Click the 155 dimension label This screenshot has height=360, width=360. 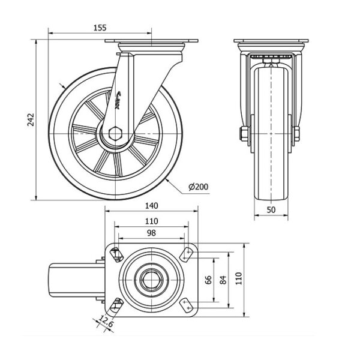coord(100,27)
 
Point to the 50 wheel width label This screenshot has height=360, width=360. coord(271,210)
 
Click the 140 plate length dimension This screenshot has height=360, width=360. coord(151,205)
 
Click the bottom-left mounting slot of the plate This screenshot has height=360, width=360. coord(118,304)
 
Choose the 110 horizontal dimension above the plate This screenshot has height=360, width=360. coord(151,220)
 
